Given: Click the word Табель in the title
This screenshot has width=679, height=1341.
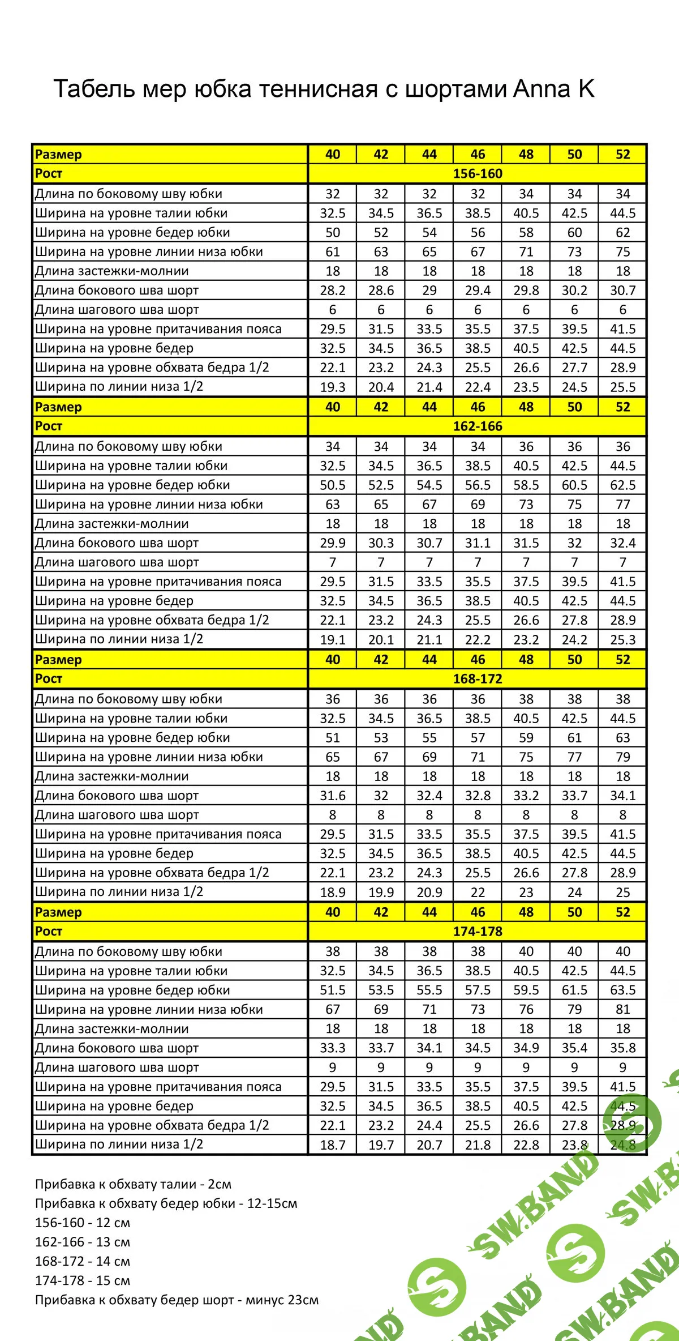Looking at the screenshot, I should tap(93, 89).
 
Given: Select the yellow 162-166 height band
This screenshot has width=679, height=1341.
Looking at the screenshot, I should tap(477, 426).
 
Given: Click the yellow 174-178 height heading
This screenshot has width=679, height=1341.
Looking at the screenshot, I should tap(477, 932).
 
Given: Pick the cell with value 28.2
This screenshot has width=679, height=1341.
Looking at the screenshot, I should tap(333, 291).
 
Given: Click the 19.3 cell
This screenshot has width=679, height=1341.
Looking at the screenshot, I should tap(333, 387).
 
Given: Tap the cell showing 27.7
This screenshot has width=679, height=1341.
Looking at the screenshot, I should tap(574, 368).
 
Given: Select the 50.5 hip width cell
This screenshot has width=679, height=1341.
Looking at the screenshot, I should tap(333, 485).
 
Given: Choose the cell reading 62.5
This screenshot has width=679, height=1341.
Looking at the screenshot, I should tap(622, 485).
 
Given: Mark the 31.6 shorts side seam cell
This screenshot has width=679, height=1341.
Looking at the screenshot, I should tap(333, 796).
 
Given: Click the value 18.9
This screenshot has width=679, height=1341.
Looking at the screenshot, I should tap(333, 892).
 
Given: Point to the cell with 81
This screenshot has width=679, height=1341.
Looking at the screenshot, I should tap(622, 1010).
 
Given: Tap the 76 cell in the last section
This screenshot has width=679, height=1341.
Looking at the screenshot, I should tap(526, 1010).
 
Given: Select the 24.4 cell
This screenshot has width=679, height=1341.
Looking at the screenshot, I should tap(429, 1125).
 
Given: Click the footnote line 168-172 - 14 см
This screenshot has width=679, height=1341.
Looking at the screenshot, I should tap(83, 1261).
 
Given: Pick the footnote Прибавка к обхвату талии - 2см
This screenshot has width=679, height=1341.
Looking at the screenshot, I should tap(133, 1184).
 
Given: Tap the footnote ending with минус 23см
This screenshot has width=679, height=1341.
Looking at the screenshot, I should tap(177, 1300).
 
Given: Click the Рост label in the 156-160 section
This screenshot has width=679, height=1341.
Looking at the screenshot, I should tap(49, 174).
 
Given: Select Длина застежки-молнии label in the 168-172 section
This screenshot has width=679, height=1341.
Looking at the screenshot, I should tap(111, 776).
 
